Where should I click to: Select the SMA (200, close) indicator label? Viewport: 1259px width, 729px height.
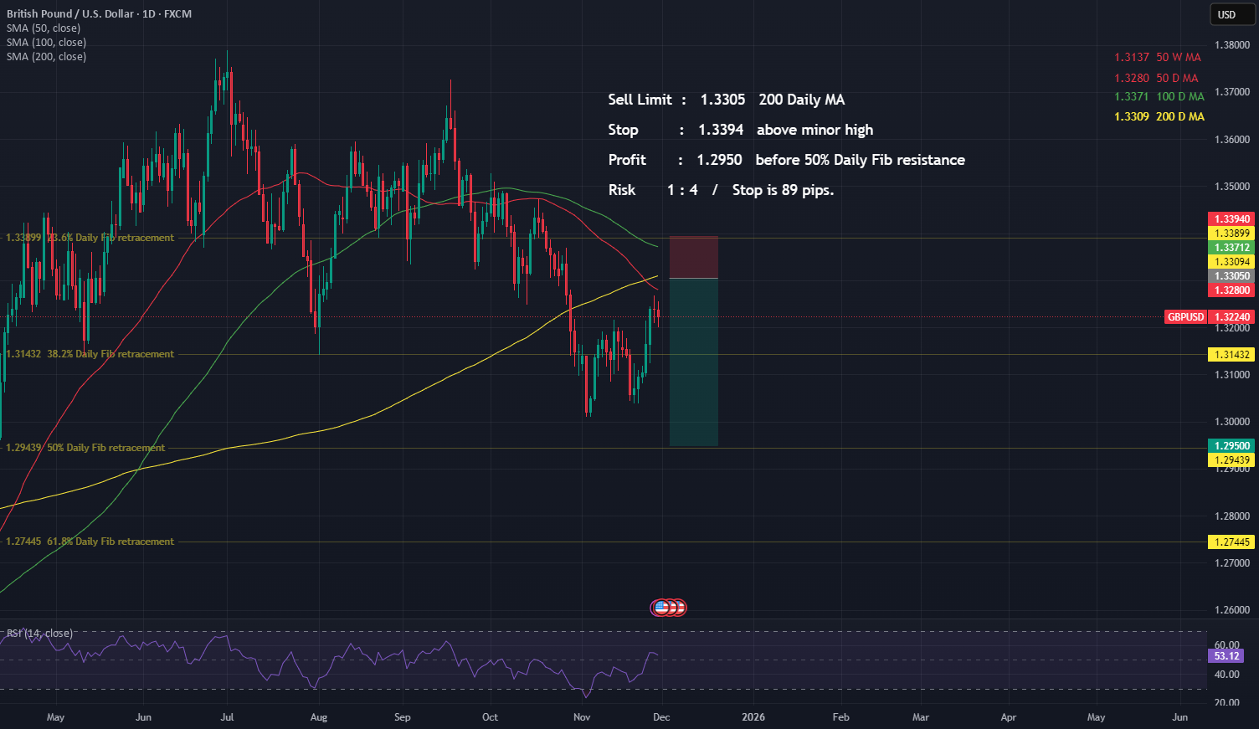pos(46,57)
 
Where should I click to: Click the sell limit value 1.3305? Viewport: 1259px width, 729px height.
pos(722,100)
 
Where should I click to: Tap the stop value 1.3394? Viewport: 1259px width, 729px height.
pos(721,130)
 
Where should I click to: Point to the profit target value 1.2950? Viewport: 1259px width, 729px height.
pos(719,160)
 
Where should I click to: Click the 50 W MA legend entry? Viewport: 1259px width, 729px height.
pos(1158,58)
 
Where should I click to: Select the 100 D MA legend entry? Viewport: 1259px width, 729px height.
pos(1159,97)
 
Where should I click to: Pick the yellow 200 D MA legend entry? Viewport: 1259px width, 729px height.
pos(1159,116)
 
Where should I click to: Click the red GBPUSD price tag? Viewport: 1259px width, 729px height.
pos(1185,317)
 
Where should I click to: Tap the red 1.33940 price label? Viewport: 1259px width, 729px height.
pos(1231,219)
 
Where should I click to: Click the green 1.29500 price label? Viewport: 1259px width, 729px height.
pos(1231,446)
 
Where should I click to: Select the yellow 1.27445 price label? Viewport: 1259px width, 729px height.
pos(1231,542)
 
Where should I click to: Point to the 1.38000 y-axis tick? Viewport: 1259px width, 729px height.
pos(1231,45)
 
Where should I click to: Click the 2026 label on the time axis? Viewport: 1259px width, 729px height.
pos(753,717)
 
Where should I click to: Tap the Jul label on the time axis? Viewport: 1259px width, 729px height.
pos(227,717)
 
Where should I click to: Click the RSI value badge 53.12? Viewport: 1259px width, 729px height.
pos(1226,656)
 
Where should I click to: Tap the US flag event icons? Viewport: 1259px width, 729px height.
pos(668,608)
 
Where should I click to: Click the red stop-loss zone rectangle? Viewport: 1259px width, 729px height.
pos(693,257)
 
